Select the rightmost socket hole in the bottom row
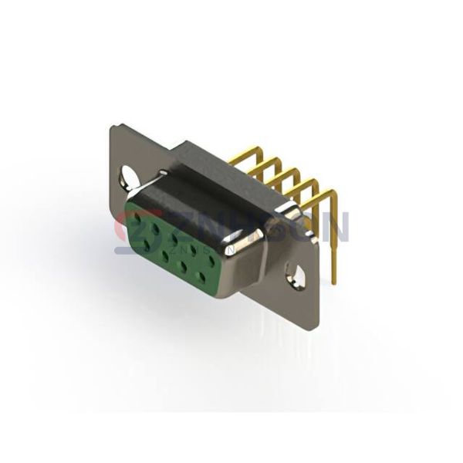(x=201, y=277)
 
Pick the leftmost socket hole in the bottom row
(x=147, y=247)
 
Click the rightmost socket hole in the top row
(x=211, y=260)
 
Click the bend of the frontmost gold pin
(x=333, y=192)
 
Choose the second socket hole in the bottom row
(x=165, y=257)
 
